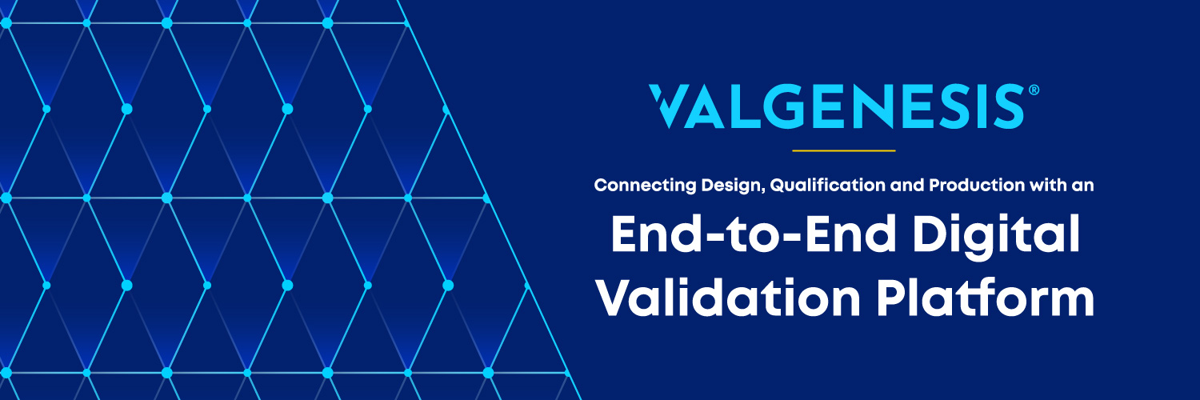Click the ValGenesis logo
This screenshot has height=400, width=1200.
[x=837, y=106]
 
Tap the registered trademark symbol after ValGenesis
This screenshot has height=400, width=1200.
[x=1034, y=91]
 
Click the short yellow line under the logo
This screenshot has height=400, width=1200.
[x=843, y=150]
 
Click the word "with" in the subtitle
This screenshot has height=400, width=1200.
[x=1045, y=186]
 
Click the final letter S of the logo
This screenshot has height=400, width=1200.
[x=1008, y=106]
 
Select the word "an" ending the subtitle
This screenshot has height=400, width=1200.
[x=1084, y=186]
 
